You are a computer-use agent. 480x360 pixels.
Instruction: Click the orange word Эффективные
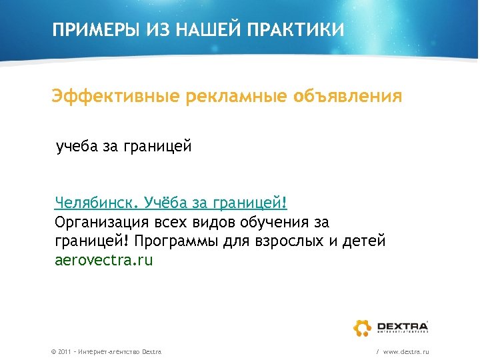116,97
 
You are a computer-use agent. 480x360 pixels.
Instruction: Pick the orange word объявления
347,97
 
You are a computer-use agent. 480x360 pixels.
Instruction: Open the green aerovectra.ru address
103,260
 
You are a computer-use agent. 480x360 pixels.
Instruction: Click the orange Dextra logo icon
362,327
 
